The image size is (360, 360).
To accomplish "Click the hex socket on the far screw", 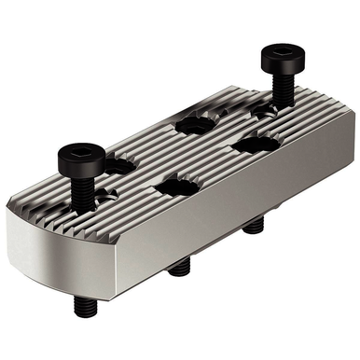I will (280, 52).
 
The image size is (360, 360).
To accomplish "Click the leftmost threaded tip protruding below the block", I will (82, 302).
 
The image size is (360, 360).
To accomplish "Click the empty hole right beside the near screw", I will (116, 166).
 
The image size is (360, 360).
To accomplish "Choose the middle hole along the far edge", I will (195, 123).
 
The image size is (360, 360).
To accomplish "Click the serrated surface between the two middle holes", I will (187, 154).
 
